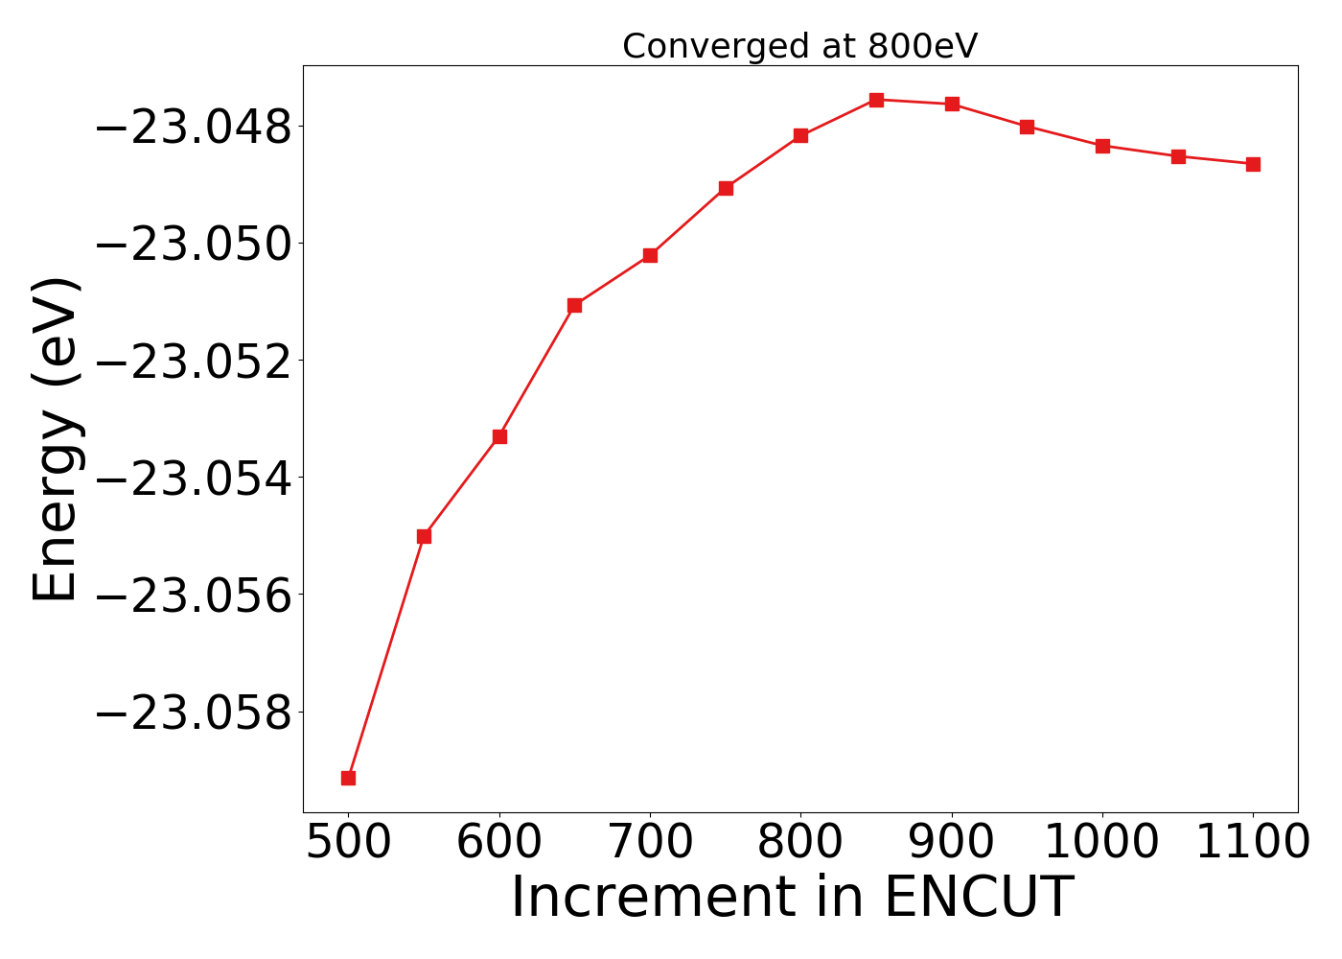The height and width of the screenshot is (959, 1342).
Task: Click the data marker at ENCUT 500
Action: pyautogui.click(x=348, y=778)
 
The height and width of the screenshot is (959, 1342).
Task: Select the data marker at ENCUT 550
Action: pyautogui.click(x=424, y=536)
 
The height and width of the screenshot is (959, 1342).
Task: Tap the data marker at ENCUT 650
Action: pyautogui.click(x=574, y=305)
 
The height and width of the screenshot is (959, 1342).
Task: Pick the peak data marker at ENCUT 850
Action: pyautogui.click(x=876, y=100)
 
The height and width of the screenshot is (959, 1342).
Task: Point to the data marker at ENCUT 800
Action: pyautogui.click(x=800, y=135)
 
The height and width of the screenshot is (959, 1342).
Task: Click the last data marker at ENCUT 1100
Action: pyautogui.click(x=1253, y=164)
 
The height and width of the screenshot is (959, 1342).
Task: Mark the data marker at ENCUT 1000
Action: pyautogui.click(x=1102, y=146)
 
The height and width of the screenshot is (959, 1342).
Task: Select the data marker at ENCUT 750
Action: pyautogui.click(x=726, y=188)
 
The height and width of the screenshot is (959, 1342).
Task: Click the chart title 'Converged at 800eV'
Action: pyautogui.click(x=799, y=46)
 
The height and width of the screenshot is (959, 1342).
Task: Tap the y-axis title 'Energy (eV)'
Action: pyautogui.click(x=56, y=439)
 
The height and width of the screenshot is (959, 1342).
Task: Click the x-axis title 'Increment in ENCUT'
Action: pyautogui.click(x=792, y=898)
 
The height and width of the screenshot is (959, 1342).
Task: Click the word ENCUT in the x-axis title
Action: pyautogui.click(x=977, y=898)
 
